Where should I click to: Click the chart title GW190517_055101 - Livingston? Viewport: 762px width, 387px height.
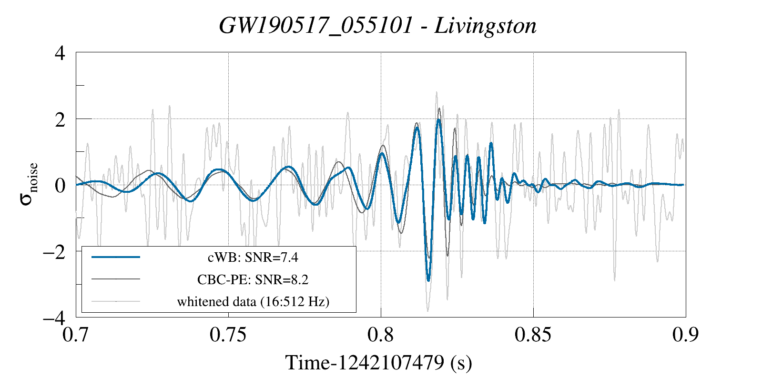[x=377, y=26]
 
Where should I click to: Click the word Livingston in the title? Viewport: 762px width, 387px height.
[x=486, y=26]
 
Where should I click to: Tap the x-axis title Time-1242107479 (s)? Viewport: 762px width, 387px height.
[x=379, y=363]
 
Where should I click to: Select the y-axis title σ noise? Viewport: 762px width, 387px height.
[x=29, y=184]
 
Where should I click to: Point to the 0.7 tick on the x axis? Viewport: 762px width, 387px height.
[x=76, y=335]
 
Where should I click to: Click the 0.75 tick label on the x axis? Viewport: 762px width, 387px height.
[x=228, y=335]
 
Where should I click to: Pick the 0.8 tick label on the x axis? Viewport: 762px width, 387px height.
[x=381, y=335]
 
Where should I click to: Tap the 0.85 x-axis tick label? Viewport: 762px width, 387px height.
[x=533, y=335]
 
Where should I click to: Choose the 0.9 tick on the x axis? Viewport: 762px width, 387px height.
[x=685, y=335]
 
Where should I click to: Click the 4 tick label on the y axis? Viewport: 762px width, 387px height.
[x=60, y=53]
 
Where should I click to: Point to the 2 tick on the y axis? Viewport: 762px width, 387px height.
[x=60, y=119]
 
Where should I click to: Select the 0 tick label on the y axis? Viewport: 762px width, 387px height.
[x=60, y=186]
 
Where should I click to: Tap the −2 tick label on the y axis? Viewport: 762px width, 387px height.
[x=54, y=252]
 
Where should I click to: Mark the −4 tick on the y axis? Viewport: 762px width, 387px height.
[x=54, y=318]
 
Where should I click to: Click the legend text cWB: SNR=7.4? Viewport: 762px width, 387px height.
[x=253, y=258]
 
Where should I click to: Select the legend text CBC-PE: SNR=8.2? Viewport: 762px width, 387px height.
[x=253, y=279]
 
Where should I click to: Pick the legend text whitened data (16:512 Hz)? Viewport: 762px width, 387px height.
[x=253, y=302]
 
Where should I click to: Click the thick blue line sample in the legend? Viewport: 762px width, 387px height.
[x=116, y=257]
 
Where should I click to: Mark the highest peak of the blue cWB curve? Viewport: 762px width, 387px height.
[x=439, y=120]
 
